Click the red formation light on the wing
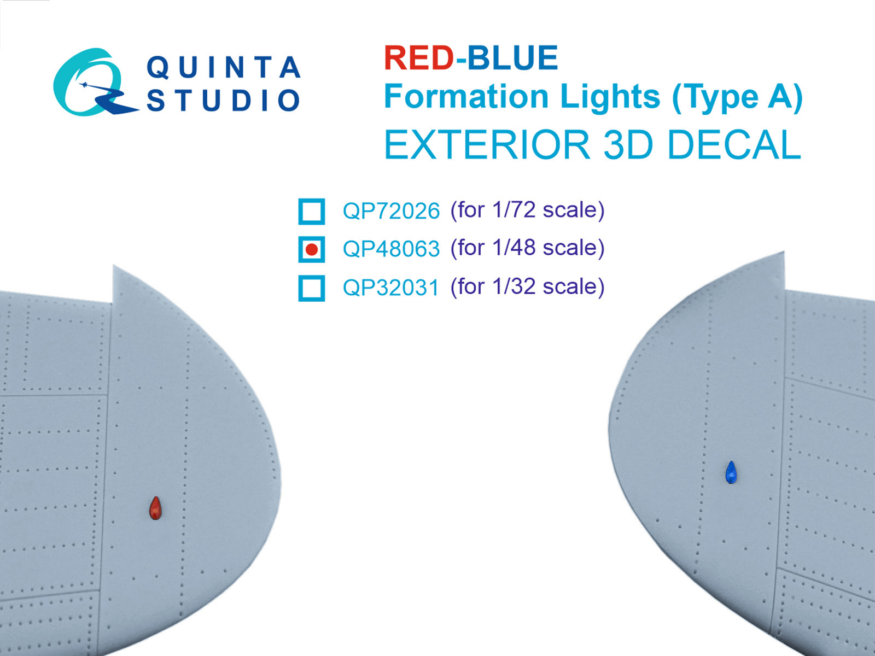[x=155, y=508]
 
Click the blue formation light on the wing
[x=731, y=473]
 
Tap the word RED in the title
[x=418, y=58]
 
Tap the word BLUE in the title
[x=512, y=58]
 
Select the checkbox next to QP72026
[x=312, y=211]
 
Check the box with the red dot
[x=312, y=249]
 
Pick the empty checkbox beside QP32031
[x=312, y=288]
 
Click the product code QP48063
[x=391, y=249]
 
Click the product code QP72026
[x=391, y=211]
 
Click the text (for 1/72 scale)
[x=527, y=210]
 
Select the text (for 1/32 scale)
[x=527, y=287]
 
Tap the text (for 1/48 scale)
[x=527, y=248]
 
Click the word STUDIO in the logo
[x=224, y=101]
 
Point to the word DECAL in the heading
[x=734, y=145]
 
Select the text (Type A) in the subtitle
[x=737, y=97]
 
